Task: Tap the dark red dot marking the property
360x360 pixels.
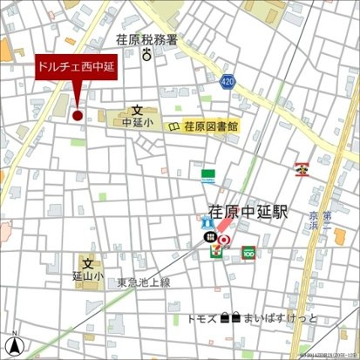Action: tap(77, 114)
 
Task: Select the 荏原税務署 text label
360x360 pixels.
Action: tap(146, 40)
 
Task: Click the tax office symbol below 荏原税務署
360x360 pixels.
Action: tap(146, 56)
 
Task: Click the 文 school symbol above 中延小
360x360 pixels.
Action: tap(137, 111)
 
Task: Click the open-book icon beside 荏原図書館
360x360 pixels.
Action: tap(173, 127)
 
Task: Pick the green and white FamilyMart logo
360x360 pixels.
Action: tap(208, 176)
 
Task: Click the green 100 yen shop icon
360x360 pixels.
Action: tap(248, 254)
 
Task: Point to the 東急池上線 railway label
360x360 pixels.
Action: tap(144, 282)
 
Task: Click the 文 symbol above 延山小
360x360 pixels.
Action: tap(87, 264)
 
